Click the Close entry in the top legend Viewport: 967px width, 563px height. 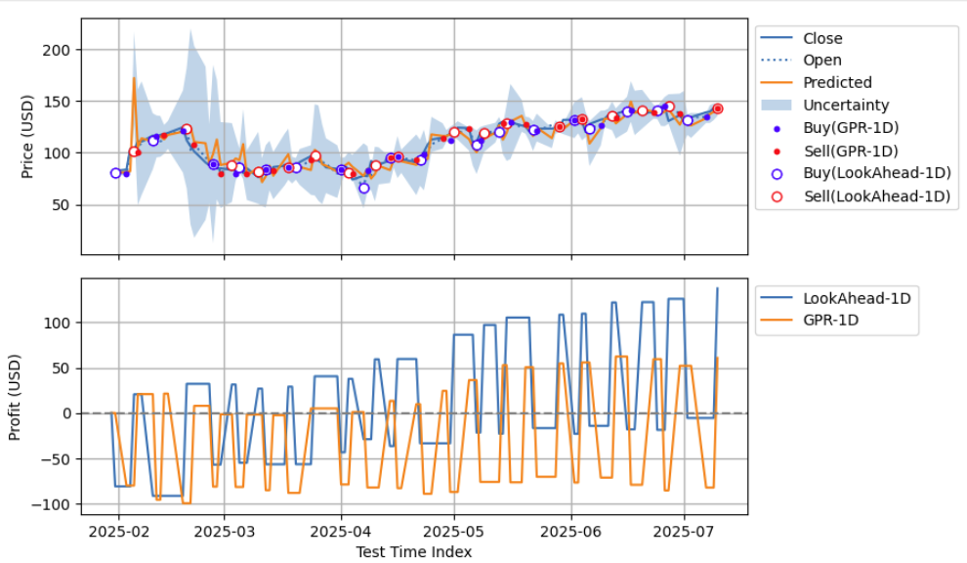(x=821, y=39)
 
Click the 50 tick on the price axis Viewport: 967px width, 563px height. (x=63, y=205)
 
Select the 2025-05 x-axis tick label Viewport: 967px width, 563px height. (x=453, y=533)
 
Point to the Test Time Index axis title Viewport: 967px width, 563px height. (x=414, y=552)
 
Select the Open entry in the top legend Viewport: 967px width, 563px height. (x=821, y=61)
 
